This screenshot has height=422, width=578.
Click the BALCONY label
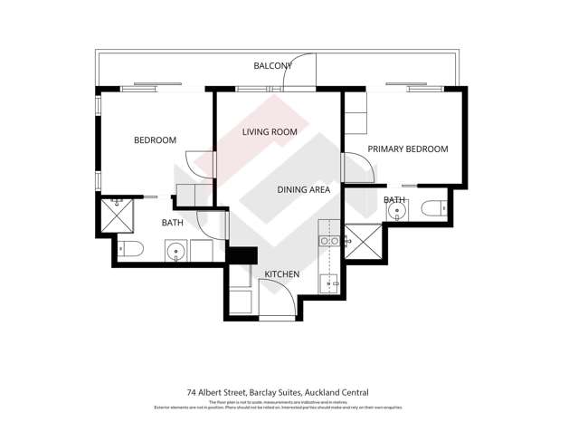[272, 66]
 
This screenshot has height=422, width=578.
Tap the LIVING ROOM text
[270, 132]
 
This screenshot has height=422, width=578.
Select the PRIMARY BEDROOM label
[407, 149]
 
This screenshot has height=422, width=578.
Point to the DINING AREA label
[303, 190]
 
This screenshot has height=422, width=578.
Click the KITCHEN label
[281, 274]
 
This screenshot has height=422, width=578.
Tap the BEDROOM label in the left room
[155, 140]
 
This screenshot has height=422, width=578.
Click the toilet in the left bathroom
[130, 248]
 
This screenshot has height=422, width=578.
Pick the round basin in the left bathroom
[175, 249]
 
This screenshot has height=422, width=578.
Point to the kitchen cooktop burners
[330, 242]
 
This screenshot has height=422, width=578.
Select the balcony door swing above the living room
[298, 72]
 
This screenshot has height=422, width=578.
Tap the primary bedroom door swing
[355, 168]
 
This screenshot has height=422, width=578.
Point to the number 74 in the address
[191, 392]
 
